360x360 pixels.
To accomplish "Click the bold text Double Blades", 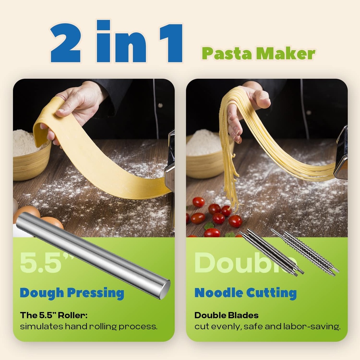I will tap(226, 315).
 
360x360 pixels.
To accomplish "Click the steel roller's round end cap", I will tap(165, 289).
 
